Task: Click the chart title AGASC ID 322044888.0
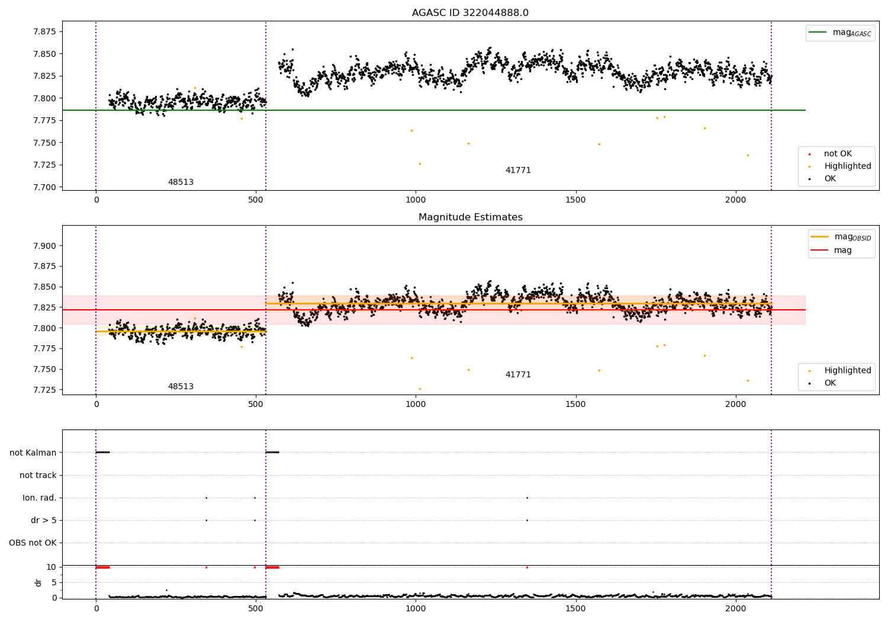click(470, 12)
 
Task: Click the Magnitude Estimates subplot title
click(471, 217)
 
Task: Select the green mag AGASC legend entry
click(840, 33)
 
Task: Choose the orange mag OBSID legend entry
click(841, 237)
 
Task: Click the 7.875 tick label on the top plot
click(44, 31)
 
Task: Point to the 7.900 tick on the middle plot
click(44, 246)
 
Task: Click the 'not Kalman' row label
click(33, 453)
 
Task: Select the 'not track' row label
click(38, 475)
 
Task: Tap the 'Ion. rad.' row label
click(39, 498)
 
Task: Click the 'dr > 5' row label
click(44, 521)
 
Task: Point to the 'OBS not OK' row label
click(33, 543)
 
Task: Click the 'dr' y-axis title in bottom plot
click(38, 582)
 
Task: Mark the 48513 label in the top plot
click(181, 182)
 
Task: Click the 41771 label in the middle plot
click(518, 374)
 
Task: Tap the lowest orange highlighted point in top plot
click(420, 164)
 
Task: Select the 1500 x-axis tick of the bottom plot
click(575, 609)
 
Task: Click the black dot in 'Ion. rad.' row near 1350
click(527, 498)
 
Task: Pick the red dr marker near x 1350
click(527, 568)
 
